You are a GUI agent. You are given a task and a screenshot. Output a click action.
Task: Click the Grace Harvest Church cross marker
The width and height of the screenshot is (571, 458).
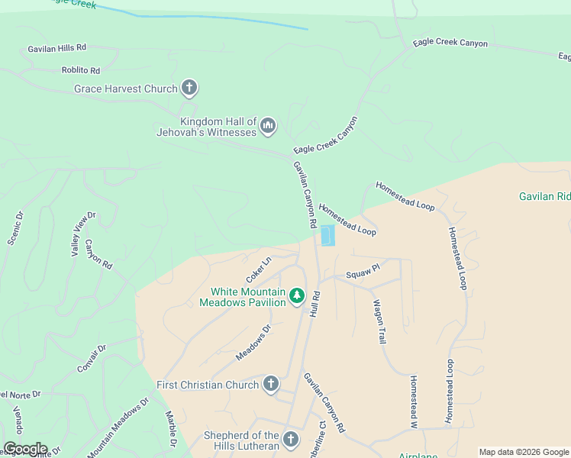(x=189, y=89)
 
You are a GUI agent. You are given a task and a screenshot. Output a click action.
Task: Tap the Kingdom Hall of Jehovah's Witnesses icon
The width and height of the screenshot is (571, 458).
(x=267, y=125)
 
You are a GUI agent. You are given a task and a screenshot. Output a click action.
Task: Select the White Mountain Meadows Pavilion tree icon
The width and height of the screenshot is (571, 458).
(x=296, y=295)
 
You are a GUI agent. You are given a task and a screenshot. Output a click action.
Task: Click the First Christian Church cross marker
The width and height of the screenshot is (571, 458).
(x=270, y=384)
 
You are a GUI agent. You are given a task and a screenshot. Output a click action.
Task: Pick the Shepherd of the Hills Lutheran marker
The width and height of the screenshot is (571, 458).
(x=290, y=439)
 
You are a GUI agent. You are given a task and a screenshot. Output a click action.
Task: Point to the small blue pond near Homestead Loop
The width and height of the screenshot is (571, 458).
(x=327, y=236)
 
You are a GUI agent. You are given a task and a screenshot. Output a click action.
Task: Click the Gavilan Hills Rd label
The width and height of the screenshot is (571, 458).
(x=58, y=48)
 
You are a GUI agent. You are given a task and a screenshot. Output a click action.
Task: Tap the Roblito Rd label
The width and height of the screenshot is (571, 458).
(x=81, y=70)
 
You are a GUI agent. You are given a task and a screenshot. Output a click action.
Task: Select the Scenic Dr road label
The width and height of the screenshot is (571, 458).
(x=16, y=228)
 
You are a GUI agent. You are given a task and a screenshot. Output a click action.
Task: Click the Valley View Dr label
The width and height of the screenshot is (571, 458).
(x=83, y=234)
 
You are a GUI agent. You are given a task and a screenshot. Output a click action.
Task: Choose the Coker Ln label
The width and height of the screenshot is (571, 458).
(x=259, y=270)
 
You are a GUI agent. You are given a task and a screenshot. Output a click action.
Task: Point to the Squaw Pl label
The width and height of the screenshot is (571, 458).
(x=363, y=271)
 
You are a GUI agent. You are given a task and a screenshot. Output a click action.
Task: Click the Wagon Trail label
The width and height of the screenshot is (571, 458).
(x=379, y=321)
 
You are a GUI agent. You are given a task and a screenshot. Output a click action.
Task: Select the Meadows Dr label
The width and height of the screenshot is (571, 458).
(x=254, y=343)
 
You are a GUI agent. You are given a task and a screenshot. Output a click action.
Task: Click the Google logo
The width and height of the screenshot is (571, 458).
(x=24, y=449)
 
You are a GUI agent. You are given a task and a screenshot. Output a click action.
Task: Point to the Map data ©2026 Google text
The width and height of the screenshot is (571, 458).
(x=524, y=452)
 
